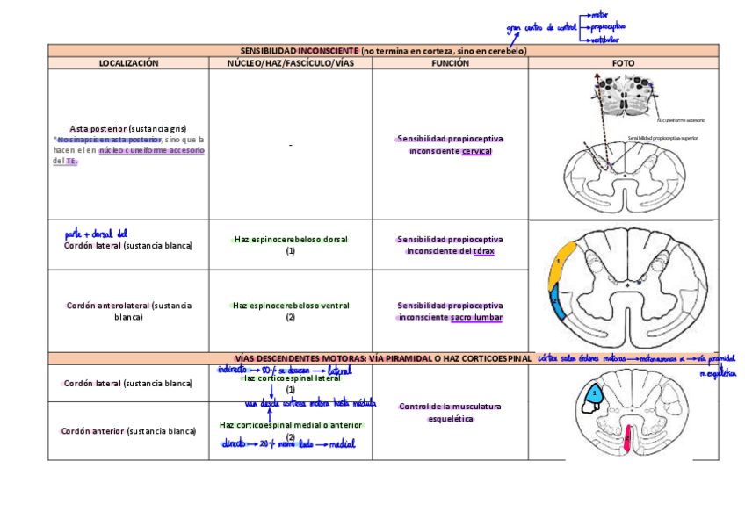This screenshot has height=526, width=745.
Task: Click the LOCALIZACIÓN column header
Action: click(x=128, y=63)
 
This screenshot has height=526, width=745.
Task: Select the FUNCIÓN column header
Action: click(x=450, y=63)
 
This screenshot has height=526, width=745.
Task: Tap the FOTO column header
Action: click(x=623, y=63)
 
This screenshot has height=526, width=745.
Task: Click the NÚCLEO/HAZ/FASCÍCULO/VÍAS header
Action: click(x=290, y=63)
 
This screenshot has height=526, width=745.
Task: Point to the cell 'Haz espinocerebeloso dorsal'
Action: click(x=291, y=239)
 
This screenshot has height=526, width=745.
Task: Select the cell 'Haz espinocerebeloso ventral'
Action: click(x=291, y=306)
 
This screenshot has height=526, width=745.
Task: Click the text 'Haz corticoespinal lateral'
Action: click(x=291, y=378)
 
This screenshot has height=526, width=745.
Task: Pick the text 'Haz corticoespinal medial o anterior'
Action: click(x=291, y=425)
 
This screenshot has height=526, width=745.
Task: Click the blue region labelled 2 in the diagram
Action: click(x=557, y=303)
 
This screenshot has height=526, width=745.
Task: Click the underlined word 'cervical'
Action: click(x=476, y=151)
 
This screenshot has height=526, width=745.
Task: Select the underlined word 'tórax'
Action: click(x=484, y=251)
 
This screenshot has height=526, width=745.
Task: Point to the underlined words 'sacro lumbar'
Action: click(x=475, y=318)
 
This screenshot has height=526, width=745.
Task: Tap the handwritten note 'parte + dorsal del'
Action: click(x=96, y=234)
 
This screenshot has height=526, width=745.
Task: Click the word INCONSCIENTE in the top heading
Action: click(x=328, y=51)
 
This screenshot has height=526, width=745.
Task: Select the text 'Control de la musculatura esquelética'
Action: click(x=450, y=413)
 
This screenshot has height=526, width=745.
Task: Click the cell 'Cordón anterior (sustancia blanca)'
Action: click(x=128, y=431)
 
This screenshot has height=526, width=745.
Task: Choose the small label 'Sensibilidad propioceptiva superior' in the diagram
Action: click(x=662, y=137)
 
